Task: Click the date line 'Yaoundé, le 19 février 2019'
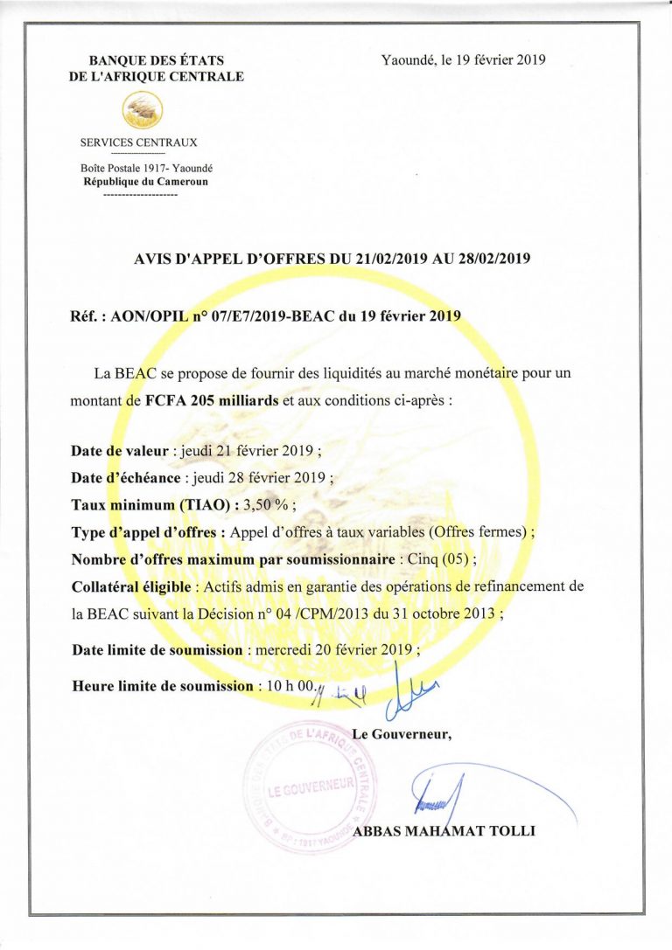point(463,59)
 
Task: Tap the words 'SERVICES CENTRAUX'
point(139,142)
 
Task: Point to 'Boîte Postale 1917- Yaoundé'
point(140,168)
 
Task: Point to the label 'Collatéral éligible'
point(128,586)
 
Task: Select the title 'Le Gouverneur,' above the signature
point(402,733)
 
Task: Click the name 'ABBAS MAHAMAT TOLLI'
point(444,831)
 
